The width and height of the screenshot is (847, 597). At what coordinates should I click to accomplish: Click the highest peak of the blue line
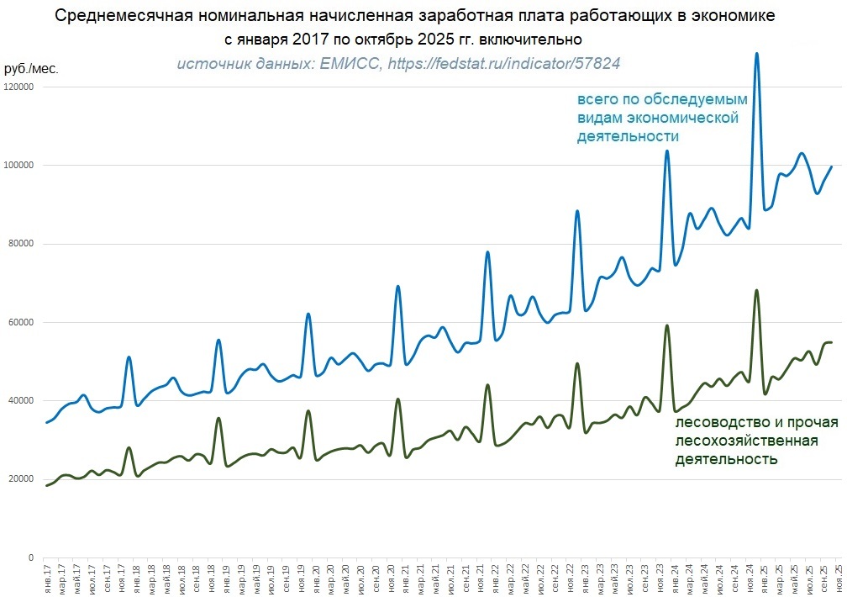(x=757, y=54)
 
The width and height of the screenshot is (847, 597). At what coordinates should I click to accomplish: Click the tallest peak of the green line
(x=757, y=291)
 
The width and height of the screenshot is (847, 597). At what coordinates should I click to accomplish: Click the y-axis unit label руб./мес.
(x=31, y=68)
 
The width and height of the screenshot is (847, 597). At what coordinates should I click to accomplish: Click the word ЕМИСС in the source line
(x=350, y=64)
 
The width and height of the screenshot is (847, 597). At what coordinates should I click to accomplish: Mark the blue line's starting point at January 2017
(x=47, y=422)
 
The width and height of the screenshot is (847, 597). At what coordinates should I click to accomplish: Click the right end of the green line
(x=831, y=342)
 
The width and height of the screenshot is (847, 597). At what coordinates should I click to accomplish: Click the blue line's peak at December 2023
(x=667, y=151)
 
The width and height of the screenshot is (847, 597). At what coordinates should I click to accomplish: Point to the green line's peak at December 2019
(x=308, y=411)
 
